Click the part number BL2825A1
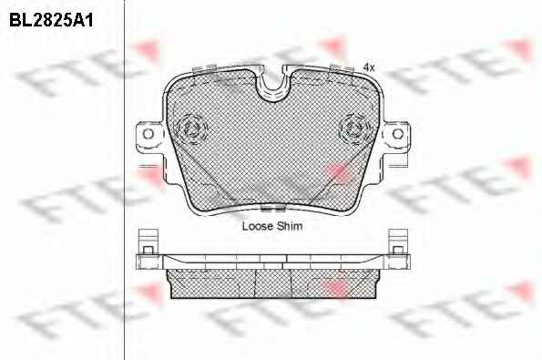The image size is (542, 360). coord(51,20)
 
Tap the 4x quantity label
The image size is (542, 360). coord(369,67)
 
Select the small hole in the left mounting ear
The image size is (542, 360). coord(148,134)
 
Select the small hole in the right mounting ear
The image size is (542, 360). coord(398,134)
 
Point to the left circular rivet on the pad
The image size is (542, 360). coord(191,129)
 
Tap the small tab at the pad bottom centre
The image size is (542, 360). coord(272,208)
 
